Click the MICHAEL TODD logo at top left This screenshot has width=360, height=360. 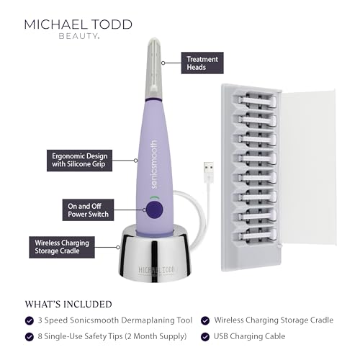(78, 24)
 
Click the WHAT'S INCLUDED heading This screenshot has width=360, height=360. (68, 303)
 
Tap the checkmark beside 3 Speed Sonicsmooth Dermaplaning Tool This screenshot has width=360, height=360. (30, 320)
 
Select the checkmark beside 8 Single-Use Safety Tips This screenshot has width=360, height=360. (30, 336)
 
